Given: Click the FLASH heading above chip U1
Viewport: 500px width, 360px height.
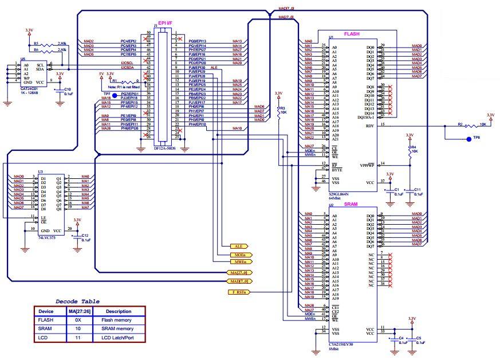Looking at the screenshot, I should coord(351,34).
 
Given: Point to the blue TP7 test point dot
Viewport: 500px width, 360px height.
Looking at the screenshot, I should coord(115,95).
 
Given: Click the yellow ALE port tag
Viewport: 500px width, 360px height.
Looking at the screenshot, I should coord(238,246).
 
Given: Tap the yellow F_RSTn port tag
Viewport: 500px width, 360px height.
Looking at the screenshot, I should coord(238,292).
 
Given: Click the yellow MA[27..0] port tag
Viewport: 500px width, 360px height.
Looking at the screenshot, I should coord(237,273).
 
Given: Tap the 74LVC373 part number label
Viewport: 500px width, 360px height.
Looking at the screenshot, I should coord(47,237).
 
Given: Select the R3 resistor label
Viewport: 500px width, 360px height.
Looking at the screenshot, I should coord(283,108).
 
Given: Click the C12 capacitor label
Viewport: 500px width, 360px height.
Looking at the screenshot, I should coord(85,235).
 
